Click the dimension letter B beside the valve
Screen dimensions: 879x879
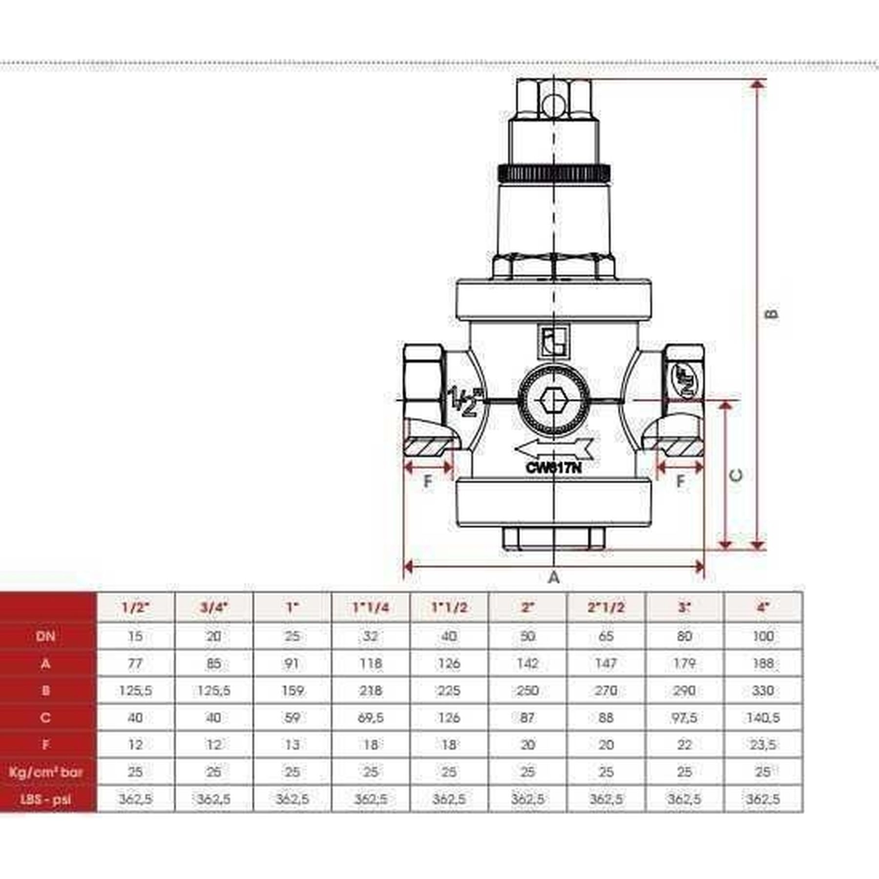pyautogui.click(x=772, y=314)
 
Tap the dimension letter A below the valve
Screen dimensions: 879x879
pyautogui.click(x=553, y=578)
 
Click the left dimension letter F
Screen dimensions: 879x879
pyautogui.click(x=428, y=481)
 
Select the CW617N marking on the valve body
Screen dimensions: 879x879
pyautogui.click(x=554, y=467)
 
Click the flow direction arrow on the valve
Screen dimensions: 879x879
pyautogui.click(x=554, y=448)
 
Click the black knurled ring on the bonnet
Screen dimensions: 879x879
pyautogui.click(x=554, y=172)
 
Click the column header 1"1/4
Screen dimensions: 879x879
pyautogui.click(x=371, y=607)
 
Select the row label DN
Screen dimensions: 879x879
pyautogui.click(x=45, y=636)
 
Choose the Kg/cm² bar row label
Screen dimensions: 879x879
pyautogui.click(x=45, y=772)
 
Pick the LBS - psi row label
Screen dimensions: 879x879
pyautogui.click(x=45, y=799)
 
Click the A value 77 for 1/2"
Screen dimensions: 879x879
pyautogui.click(x=135, y=663)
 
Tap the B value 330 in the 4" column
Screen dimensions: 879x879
pyautogui.click(x=763, y=691)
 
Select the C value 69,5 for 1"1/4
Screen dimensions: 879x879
pyautogui.click(x=371, y=718)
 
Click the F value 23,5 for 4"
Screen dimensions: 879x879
pyautogui.click(x=763, y=745)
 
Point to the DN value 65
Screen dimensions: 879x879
pyautogui.click(x=606, y=636)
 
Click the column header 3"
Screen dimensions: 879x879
pyautogui.click(x=685, y=607)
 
